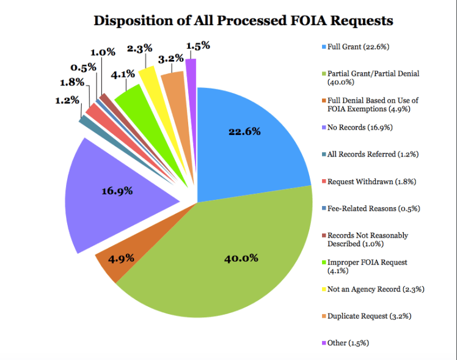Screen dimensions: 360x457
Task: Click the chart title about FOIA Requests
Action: tap(243, 20)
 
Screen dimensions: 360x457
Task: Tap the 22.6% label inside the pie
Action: tap(244, 131)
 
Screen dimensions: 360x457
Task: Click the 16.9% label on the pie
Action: tap(117, 191)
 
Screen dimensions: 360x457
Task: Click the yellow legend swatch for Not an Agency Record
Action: tap(323, 289)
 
